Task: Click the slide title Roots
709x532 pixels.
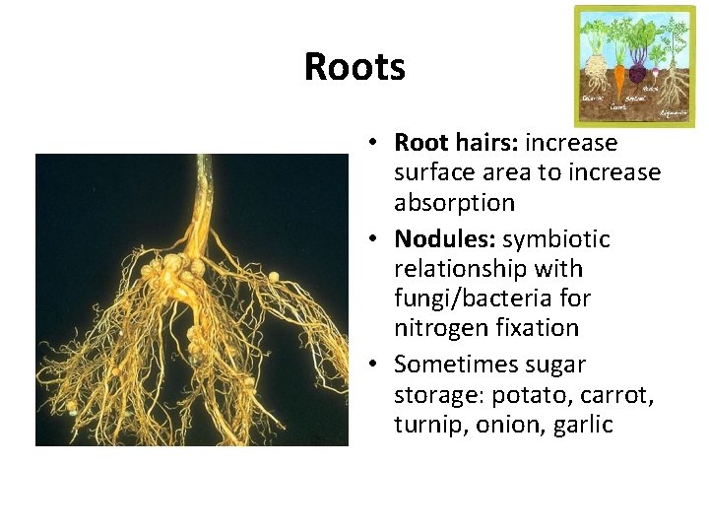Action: pos(354,67)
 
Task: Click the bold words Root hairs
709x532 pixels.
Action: pos(455,143)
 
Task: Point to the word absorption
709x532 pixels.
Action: pos(454,203)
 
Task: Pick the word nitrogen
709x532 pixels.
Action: pos(436,327)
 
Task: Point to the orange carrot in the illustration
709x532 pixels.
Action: pos(618,82)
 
